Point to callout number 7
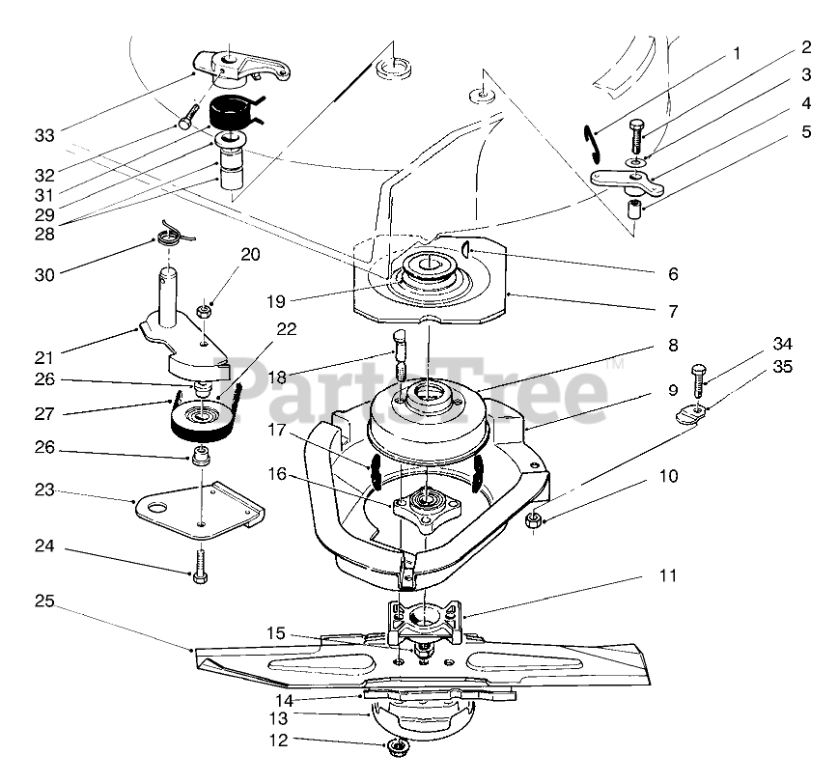pos(670,312)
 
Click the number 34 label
pos(782,345)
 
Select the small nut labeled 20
pos(205,312)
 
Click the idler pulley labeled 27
pos(203,421)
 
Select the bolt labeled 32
pos(186,123)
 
